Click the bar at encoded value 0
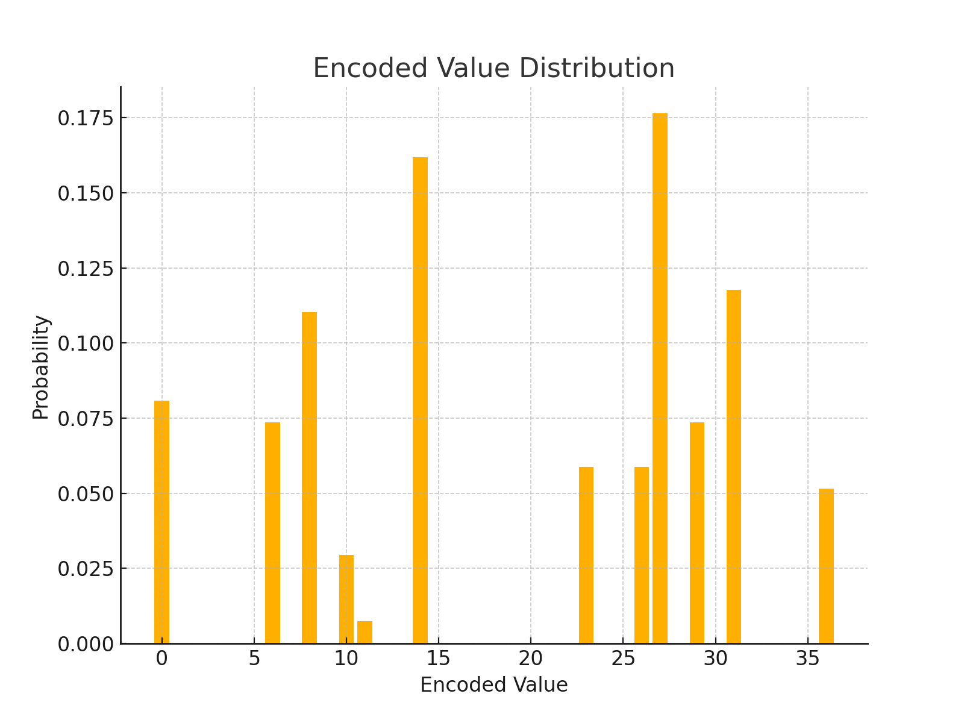tap(161, 522)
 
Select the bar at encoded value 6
tap(272, 533)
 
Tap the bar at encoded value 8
tap(309, 478)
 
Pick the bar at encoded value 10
tap(346, 599)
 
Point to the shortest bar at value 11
tap(365, 632)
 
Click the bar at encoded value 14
tap(420, 400)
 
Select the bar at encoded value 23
tap(586, 555)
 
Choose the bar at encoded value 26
tap(642, 555)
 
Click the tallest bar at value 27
tap(660, 378)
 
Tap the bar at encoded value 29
tap(697, 533)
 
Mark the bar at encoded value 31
tap(734, 466)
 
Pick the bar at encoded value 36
tap(826, 566)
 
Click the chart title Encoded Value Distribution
tap(493, 68)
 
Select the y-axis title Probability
tap(41, 367)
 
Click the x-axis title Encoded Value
tap(493, 685)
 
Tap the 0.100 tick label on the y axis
tap(86, 343)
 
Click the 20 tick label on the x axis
tap(531, 659)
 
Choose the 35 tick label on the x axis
tap(808, 659)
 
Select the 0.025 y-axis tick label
tap(86, 569)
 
